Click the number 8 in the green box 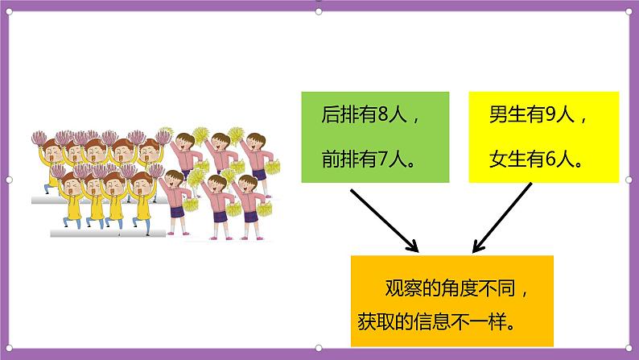point(384,114)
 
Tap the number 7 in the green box point(384,159)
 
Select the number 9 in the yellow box point(550,114)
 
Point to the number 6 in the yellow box point(550,159)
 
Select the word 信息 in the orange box point(432,321)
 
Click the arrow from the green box point(385,220)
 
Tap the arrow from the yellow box point(502,217)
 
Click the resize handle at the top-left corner point(9,12)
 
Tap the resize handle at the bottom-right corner point(629,348)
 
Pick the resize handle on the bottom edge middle point(319,348)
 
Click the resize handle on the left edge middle point(9,180)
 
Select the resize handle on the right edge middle point(629,180)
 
